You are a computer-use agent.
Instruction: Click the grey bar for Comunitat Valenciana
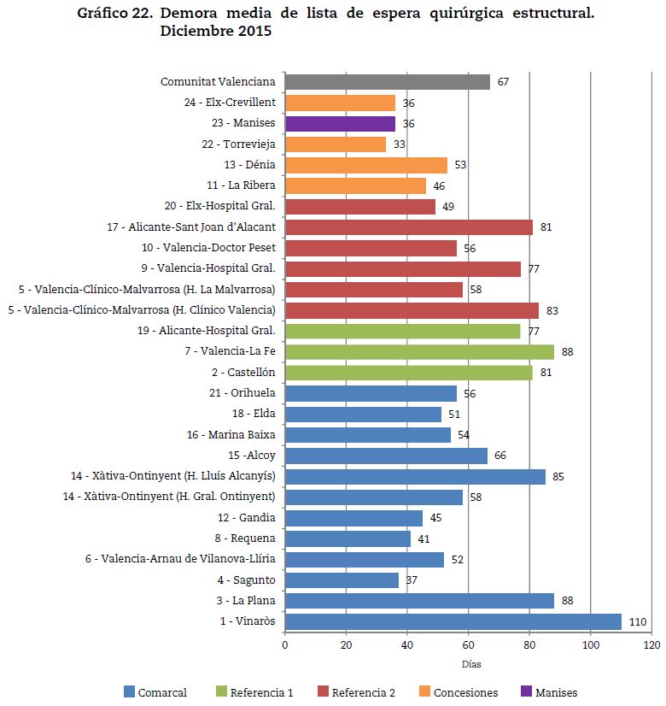pyautogui.click(x=387, y=82)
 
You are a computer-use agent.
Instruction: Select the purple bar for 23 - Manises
pyautogui.click(x=340, y=123)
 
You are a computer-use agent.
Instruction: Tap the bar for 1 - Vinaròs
pyautogui.click(x=453, y=621)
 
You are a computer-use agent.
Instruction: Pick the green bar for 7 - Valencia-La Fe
pyautogui.click(x=419, y=351)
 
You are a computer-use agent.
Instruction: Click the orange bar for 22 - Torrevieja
pyautogui.click(x=336, y=144)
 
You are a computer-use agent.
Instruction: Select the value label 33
pyautogui.click(x=400, y=144)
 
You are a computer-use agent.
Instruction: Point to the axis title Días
pyautogui.click(x=471, y=664)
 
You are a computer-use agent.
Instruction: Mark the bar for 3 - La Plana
pyautogui.click(x=419, y=601)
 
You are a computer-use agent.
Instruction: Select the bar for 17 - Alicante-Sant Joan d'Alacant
pyautogui.click(x=408, y=227)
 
